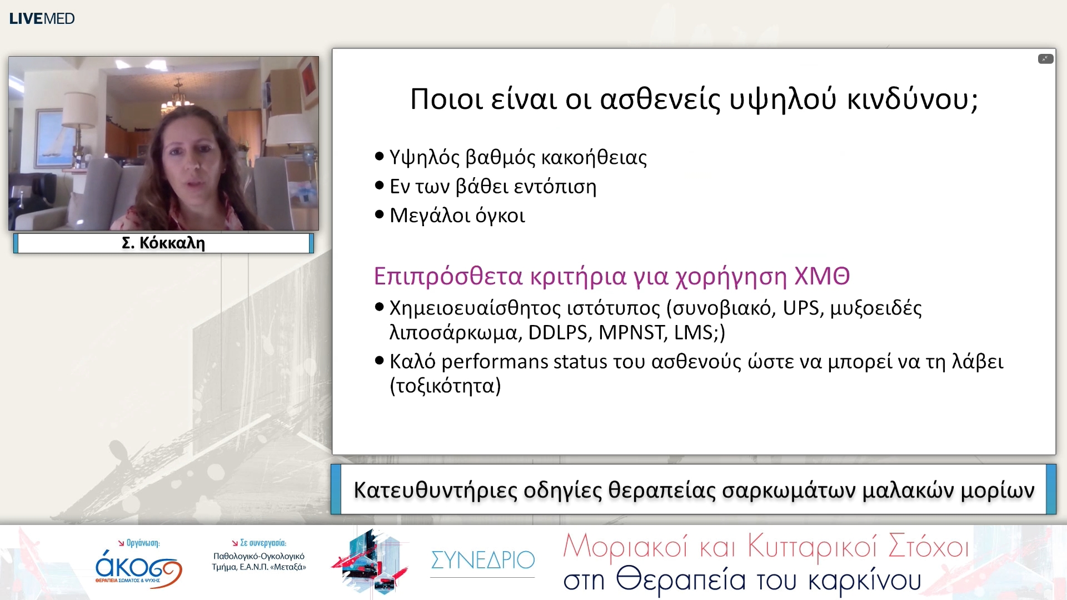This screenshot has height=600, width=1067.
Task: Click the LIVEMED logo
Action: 42,18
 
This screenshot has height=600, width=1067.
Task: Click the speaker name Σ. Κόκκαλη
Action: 163,243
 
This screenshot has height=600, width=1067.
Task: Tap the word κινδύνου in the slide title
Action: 912,100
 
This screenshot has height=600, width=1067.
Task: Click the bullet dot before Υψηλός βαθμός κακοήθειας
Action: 380,156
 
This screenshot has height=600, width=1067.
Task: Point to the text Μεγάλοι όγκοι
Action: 457,216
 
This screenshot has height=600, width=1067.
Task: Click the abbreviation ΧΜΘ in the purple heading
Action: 822,276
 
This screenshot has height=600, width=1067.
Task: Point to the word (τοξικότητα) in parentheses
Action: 445,386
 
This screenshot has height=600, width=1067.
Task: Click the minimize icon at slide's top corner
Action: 1045,59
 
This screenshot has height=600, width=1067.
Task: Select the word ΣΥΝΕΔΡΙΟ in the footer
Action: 482,560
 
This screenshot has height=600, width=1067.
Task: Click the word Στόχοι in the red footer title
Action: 928,546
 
